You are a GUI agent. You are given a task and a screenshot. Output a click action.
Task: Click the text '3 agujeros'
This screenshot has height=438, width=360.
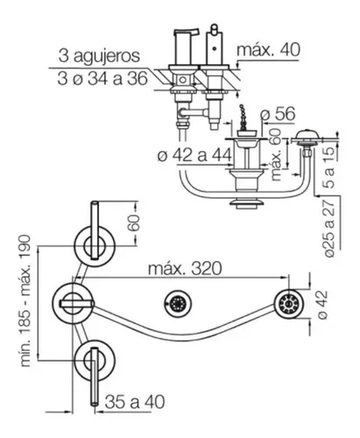click(99, 56)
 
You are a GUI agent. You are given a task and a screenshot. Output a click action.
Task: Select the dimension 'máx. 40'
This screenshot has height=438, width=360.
click(268, 50)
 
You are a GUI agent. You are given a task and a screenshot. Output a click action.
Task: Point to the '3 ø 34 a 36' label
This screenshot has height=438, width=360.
click(102, 79)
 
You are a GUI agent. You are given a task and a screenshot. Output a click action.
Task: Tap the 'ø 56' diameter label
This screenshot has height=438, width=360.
click(279, 114)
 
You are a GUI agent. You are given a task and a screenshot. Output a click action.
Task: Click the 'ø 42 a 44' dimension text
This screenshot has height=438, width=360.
click(194, 155)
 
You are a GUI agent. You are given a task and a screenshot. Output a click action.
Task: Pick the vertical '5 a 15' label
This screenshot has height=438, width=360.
click(328, 167)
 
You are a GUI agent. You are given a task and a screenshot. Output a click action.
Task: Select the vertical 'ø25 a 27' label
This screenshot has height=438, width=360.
click(329, 229)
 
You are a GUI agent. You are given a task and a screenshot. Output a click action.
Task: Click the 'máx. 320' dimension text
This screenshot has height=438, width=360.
click(185, 268)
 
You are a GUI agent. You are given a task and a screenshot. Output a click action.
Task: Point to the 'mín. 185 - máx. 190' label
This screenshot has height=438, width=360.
click(25, 300)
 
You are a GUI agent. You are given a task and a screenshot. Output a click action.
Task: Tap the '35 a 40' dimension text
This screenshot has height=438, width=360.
click(135, 402)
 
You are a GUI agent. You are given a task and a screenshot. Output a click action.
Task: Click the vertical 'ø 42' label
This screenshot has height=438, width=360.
click(322, 305)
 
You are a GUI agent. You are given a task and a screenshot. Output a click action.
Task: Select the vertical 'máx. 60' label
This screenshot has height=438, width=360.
click(276, 155)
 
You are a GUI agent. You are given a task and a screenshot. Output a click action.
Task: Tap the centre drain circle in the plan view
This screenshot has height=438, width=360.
click(178, 304)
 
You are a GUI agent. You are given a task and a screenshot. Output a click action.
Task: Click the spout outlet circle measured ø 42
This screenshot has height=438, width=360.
click(289, 305)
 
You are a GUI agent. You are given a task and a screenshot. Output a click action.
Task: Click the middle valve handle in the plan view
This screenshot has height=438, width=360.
click(77, 304)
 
